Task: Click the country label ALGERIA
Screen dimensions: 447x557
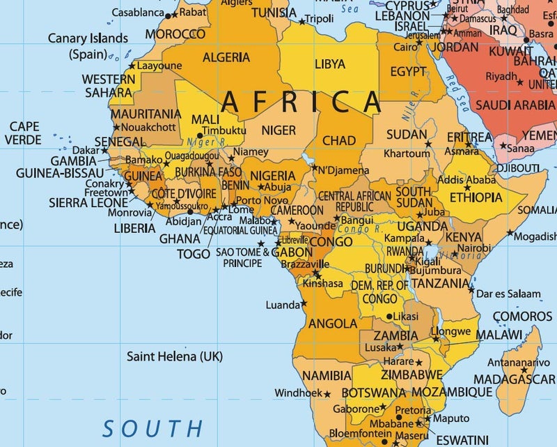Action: pos(226,56)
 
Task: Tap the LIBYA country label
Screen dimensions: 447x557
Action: pos(329,64)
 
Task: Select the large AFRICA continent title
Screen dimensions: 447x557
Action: pos(301,103)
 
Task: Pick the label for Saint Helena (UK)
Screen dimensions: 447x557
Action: pos(174,356)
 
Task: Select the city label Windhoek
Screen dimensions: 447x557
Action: pos(298,393)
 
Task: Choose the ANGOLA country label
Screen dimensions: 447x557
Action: pos(332,324)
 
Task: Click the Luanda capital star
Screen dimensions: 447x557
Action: pos(304,304)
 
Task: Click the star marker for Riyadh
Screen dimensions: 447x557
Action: pos(522,77)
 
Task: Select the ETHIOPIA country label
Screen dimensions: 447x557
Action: pos(476,197)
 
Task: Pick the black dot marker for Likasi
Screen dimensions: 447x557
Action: pos(389,316)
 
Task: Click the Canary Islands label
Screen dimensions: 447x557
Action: pos(88,38)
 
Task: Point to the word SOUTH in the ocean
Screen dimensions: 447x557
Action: pos(152,427)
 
